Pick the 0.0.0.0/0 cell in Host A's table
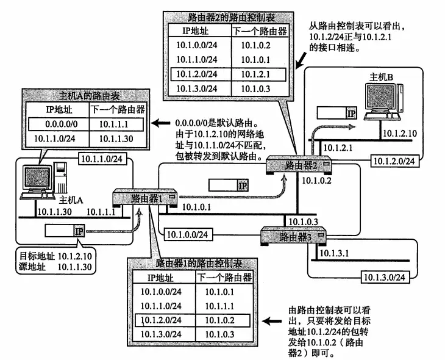coord(59,124)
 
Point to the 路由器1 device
coord(144,198)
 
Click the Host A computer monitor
coord(37,180)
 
